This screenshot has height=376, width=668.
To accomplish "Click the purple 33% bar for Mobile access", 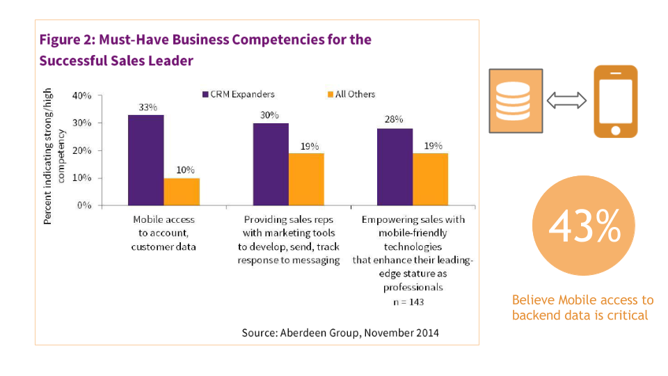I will pyautogui.click(x=145, y=160).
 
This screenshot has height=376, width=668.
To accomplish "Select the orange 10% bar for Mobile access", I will pyautogui.click(x=182, y=191).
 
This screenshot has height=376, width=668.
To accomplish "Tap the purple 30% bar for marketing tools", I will pyautogui.click(x=270, y=164).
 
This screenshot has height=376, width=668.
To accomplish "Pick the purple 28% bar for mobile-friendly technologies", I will pyautogui.click(x=395, y=167).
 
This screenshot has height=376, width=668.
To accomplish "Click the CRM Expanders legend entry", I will pyautogui.click(x=238, y=94).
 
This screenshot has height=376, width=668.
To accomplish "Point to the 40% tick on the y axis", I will pyautogui.click(x=82, y=95).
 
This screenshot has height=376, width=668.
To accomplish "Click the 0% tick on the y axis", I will pyautogui.click(x=85, y=205).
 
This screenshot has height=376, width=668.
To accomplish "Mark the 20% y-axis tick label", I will pyautogui.click(x=82, y=150).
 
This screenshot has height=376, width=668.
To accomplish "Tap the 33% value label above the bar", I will pyautogui.click(x=148, y=107).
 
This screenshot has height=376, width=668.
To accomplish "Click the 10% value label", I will pyautogui.click(x=185, y=170).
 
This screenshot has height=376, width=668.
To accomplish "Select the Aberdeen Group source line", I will pyautogui.click(x=340, y=333).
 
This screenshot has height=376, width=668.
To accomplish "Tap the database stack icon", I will pyautogui.click(x=516, y=101).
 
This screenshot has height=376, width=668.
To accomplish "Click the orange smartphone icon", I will pyautogui.click(x=615, y=102).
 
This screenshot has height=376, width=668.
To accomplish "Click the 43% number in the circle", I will pyautogui.click(x=584, y=226).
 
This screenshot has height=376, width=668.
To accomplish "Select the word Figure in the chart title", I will pyautogui.click(x=61, y=40).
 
